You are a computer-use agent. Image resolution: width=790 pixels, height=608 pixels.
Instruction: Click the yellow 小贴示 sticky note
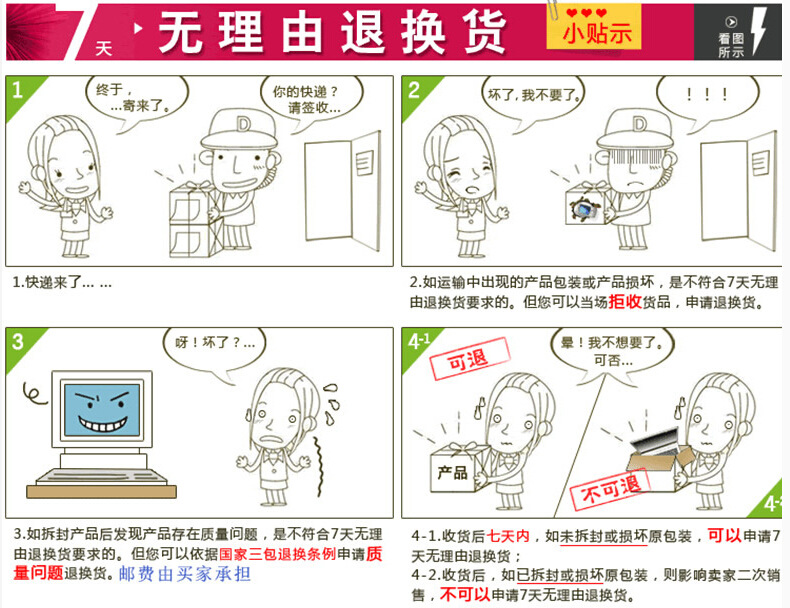pos(594,27)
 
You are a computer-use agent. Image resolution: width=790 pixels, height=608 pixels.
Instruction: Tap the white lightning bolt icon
pos(759,30)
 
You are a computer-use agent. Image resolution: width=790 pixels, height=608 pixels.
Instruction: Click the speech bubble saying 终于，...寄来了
pos(136,101)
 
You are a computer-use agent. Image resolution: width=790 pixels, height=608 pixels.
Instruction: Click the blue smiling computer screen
pos(102,410)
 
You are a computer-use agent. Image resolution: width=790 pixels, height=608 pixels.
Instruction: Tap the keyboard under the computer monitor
pos(101,477)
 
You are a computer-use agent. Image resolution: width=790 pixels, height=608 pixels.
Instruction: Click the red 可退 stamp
pos(469,358)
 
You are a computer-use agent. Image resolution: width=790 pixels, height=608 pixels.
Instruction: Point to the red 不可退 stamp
pos(610,489)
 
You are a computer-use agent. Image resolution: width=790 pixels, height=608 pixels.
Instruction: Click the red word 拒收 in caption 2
pos(625,302)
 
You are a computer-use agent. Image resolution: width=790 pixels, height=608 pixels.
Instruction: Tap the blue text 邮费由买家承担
pos(185,574)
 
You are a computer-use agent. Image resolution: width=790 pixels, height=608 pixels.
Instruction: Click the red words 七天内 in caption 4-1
pos(508,536)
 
